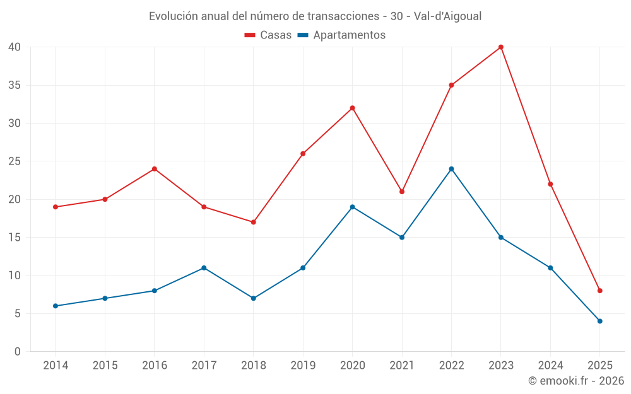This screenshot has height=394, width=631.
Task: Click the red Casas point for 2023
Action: [501, 47]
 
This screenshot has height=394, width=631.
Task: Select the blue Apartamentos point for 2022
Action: [451, 169]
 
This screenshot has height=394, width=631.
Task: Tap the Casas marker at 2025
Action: [600, 291]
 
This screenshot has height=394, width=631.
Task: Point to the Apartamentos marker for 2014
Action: [56, 306]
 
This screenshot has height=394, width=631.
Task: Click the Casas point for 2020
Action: [352, 108]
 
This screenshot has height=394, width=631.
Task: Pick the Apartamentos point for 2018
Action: [253, 298]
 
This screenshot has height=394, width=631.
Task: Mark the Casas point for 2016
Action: [154, 169]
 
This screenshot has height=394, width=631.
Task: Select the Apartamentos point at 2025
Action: [600, 321]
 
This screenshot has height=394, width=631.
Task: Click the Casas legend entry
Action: [268, 35]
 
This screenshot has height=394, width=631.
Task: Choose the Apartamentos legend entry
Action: [341, 35]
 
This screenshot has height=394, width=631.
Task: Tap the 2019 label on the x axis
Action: [303, 365]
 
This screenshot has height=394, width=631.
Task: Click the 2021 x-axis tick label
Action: [402, 365]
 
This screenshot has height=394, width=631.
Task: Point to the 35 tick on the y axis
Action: [15, 85]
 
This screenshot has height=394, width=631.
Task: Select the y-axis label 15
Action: [15, 238]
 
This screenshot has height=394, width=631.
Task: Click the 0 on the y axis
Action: [18, 352]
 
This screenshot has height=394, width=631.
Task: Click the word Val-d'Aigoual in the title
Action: [448, 16]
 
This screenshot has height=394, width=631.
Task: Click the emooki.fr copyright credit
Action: [576, 381]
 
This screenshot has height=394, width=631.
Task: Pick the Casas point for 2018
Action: [253, 222]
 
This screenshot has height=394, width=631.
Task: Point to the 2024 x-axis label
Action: [550, 365]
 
